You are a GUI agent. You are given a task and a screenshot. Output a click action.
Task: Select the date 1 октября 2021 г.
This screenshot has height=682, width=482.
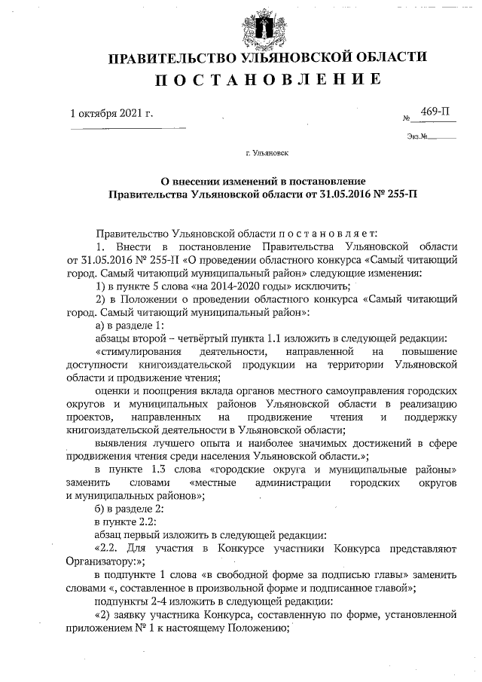click(111, 114)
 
